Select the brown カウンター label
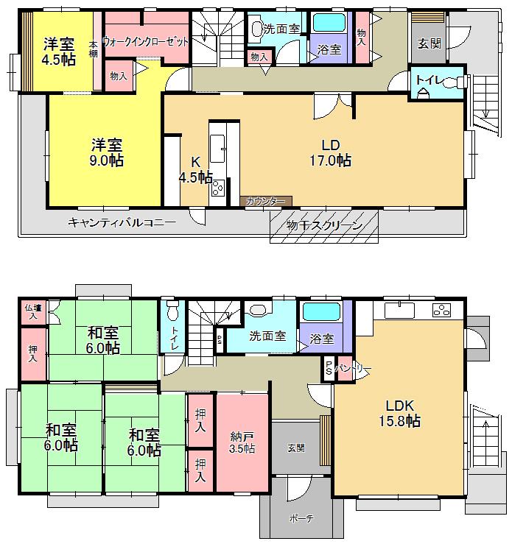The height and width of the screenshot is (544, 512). coord(266,200)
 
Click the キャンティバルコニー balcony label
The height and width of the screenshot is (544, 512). coord(122,222)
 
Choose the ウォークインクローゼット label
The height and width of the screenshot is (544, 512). coord(145,41)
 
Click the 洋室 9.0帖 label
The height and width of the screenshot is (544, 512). coord(107,152)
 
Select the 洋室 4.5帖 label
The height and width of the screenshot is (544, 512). coord(58,52)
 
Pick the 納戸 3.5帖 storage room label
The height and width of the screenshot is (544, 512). coord(241,440)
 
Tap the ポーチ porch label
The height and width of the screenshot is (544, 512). coord(301,518)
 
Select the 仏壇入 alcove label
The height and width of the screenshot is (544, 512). coord(32,311)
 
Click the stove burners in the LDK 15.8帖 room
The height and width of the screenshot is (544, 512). coord(442,309)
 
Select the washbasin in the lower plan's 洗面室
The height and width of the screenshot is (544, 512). coord(258,310)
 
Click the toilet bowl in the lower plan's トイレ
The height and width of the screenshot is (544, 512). coord(172,305)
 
